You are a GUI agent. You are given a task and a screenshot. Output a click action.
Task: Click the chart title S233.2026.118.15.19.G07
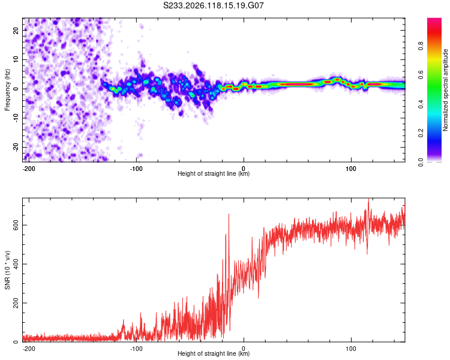coord(213,5)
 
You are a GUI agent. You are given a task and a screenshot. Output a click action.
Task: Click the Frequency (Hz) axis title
coord(7,90)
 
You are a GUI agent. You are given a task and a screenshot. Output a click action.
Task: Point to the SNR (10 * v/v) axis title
coord(7,270)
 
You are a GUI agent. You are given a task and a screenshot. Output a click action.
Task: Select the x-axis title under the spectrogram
coord(214,173)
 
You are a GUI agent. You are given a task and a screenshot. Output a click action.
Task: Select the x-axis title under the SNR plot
coord(214,353)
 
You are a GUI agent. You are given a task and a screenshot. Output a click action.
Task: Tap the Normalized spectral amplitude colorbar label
coord(445,90)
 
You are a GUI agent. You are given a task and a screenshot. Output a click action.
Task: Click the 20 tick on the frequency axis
coord(16,30)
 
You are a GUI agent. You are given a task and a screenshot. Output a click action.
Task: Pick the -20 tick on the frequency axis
coord(16,147)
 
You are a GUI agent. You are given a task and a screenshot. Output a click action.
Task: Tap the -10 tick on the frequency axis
coord(16,118)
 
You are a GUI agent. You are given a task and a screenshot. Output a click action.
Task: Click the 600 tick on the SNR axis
coord(16,225)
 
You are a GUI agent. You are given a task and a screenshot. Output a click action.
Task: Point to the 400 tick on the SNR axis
coord(16,264)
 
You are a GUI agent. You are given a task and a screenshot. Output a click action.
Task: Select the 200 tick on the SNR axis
coord(16,303)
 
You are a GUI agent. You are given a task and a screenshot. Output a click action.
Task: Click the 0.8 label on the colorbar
coord(421,46)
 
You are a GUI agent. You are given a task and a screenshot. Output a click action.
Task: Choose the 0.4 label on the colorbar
coord(421,104)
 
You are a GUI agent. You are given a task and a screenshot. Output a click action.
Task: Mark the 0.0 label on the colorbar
coord(421,163)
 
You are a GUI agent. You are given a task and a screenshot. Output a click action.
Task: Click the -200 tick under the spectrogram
coord(29,169)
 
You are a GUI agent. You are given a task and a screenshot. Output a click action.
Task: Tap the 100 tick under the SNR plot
coord(351,349)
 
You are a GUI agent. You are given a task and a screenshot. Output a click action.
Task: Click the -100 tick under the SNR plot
coord(136,349)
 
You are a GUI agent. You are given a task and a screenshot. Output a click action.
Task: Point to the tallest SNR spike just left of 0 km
coord(229,214)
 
